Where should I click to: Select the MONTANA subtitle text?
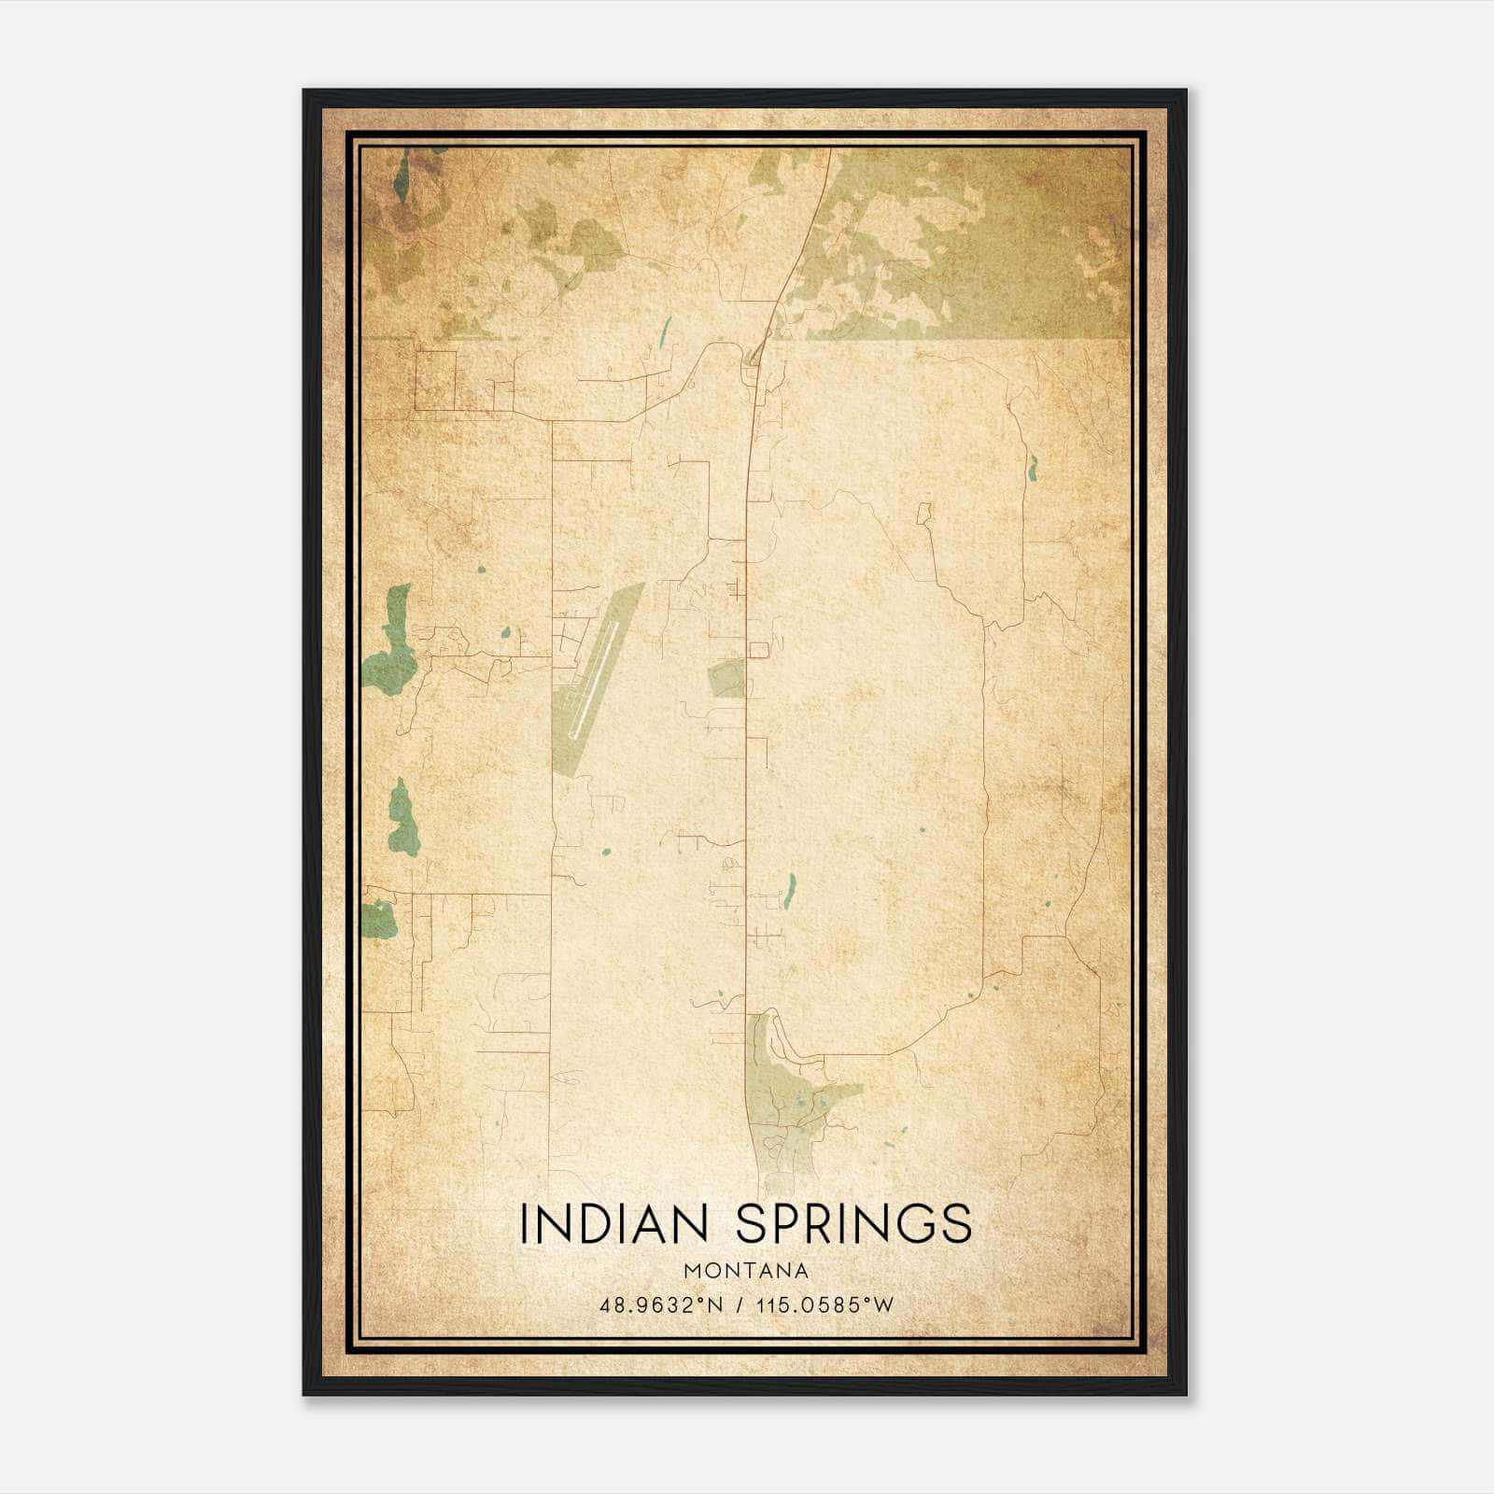click(745, 1271)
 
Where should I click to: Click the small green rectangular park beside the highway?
click(726, 679)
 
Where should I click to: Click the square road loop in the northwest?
click(435, 379)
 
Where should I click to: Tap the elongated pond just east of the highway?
click(791, 890)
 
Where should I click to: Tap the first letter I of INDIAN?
click(525, 1224)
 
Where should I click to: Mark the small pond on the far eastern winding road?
click(1033, 466)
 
